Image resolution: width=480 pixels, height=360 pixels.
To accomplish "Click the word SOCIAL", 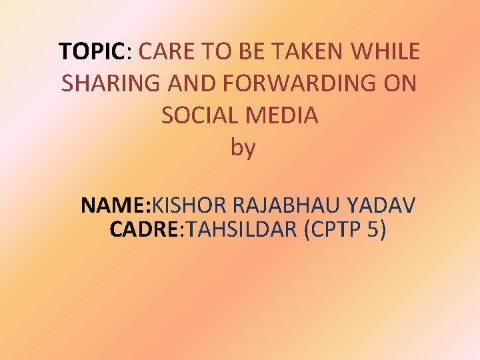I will point(199,115).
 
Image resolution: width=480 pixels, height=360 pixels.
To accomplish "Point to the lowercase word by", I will point(243,148).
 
